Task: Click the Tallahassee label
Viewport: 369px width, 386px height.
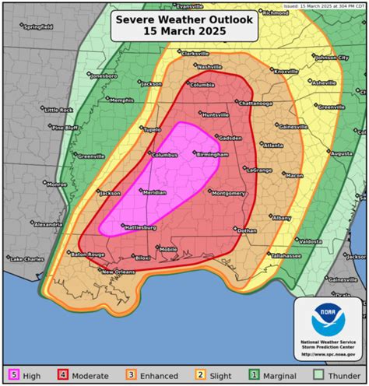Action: coord(286,254)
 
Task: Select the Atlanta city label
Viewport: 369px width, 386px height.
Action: coord(272,145)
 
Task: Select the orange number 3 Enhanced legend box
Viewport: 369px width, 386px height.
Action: coord(132,376)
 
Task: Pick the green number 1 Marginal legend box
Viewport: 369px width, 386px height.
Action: coord(253,376)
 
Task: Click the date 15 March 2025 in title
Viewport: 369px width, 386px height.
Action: coord(184,30)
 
